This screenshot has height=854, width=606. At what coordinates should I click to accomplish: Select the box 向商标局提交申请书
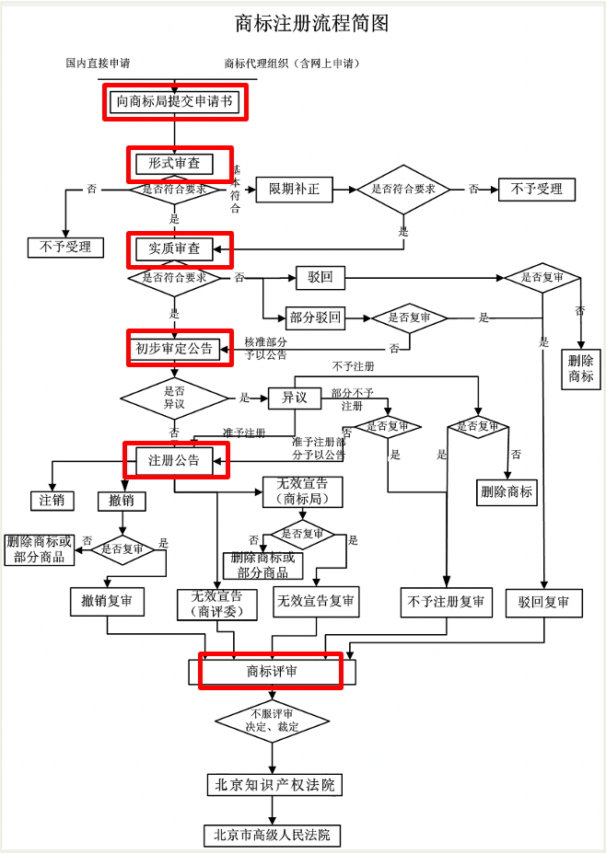click(174, 102)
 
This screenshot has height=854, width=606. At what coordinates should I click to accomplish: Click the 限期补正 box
click(294, 190)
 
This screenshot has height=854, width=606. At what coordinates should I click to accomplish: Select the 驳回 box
click(314, 277)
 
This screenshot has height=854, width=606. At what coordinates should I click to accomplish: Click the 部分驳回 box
click(315, 318)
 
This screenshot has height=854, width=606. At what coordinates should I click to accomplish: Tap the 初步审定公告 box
click(174, 349)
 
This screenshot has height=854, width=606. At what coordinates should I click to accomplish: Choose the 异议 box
click(294, 398)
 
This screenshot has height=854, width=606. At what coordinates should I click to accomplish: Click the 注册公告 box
click(174, 459)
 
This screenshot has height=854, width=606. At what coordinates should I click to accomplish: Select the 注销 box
click(52, 501)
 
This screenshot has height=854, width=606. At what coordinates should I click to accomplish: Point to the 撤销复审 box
click(107, 602)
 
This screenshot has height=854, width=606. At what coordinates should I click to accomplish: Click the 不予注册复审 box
click(447, 602)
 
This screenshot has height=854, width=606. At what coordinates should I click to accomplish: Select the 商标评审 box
click(271, 672)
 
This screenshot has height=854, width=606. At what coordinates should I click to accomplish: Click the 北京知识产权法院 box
click(271, 784)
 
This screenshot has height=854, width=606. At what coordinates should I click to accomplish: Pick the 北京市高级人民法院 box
click(271, 836)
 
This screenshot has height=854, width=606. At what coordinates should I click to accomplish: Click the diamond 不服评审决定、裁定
click(271, 721)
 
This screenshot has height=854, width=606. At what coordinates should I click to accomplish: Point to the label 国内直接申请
click(98, 63)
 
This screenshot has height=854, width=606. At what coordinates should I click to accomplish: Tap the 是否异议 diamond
click(174, 398)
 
